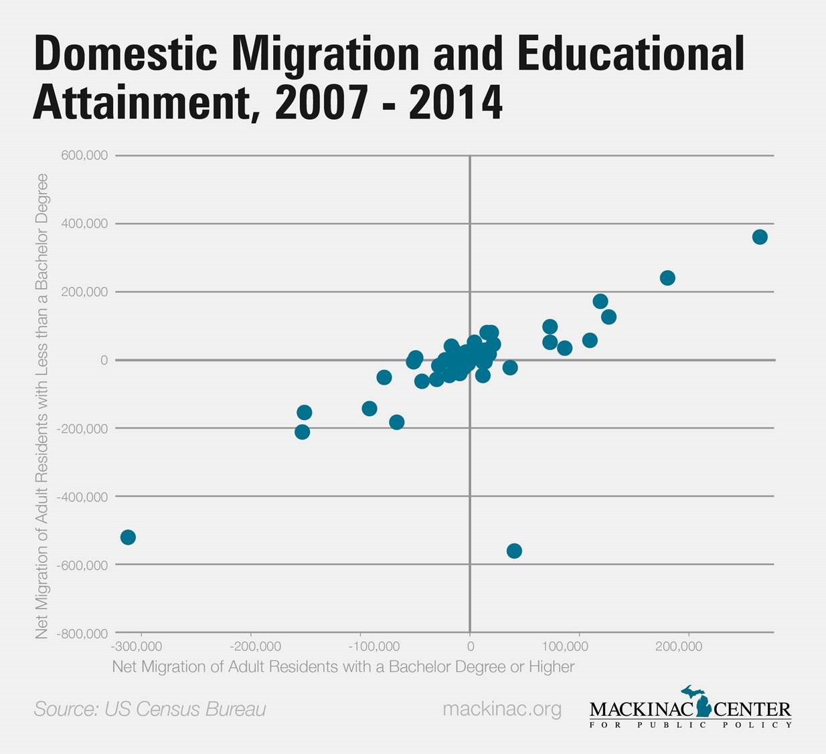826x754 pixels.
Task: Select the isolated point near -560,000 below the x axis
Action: pyautogui.click(x=514, y=551)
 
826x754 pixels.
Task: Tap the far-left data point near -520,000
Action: pyautogui.click(x=128, y=537)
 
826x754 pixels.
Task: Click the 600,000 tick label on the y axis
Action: pyautogui.click(x=84, y=155)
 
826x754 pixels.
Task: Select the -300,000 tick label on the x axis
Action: pyautogui.click(x=137, y=646)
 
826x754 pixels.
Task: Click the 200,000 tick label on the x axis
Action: pyautogui.click(x=679, y=646)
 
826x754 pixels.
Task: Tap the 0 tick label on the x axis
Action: pyautogui.click(x=470, y=646)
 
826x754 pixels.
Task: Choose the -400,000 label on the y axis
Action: pyautogui.click(x=83, y=497)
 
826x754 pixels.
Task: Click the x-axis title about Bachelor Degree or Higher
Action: pyautogui.click(x=343, y=666)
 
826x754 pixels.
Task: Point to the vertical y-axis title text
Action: pyautogui.click(x=42, y=405)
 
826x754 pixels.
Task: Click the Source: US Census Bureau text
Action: pyautogui.click(x=150, y=709)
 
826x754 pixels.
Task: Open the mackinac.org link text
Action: pyautogui.click(x=502, y=709)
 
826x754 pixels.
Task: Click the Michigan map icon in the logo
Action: pyautogui.click(x=699, y=700)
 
